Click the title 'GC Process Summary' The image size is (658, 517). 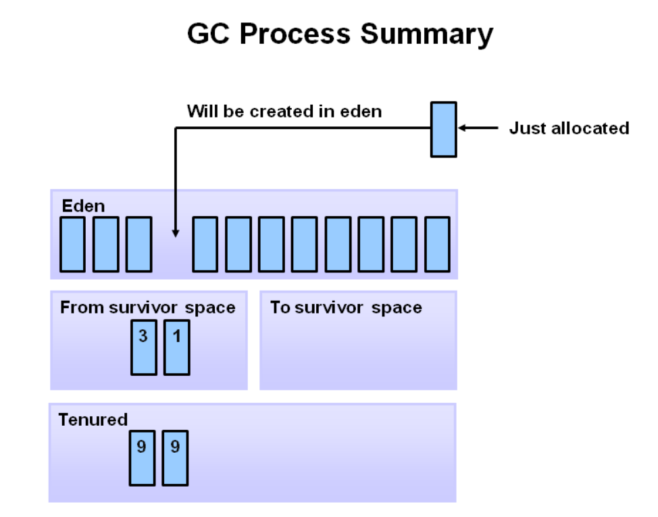pos(340,34)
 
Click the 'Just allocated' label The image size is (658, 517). pos(569,128)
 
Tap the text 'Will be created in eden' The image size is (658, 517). pos(284,111)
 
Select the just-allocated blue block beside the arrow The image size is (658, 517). pos(444,129)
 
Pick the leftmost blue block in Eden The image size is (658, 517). pos(73,244)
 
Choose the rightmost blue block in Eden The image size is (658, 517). pos(437,244)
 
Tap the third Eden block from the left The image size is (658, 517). pos(139,244)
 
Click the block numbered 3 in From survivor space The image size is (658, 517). pos(143,348)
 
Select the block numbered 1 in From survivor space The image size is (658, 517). pos(177,348)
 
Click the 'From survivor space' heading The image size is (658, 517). pos(148,308)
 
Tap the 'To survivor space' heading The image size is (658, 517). pos(346,308)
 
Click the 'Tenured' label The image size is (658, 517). pos(93,420)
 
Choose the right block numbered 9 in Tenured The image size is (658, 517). pos(175,458)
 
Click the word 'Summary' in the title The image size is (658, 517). pos(426,34)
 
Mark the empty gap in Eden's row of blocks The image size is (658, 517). pos(172,253)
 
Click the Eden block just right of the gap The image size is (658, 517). pos(205,244)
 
